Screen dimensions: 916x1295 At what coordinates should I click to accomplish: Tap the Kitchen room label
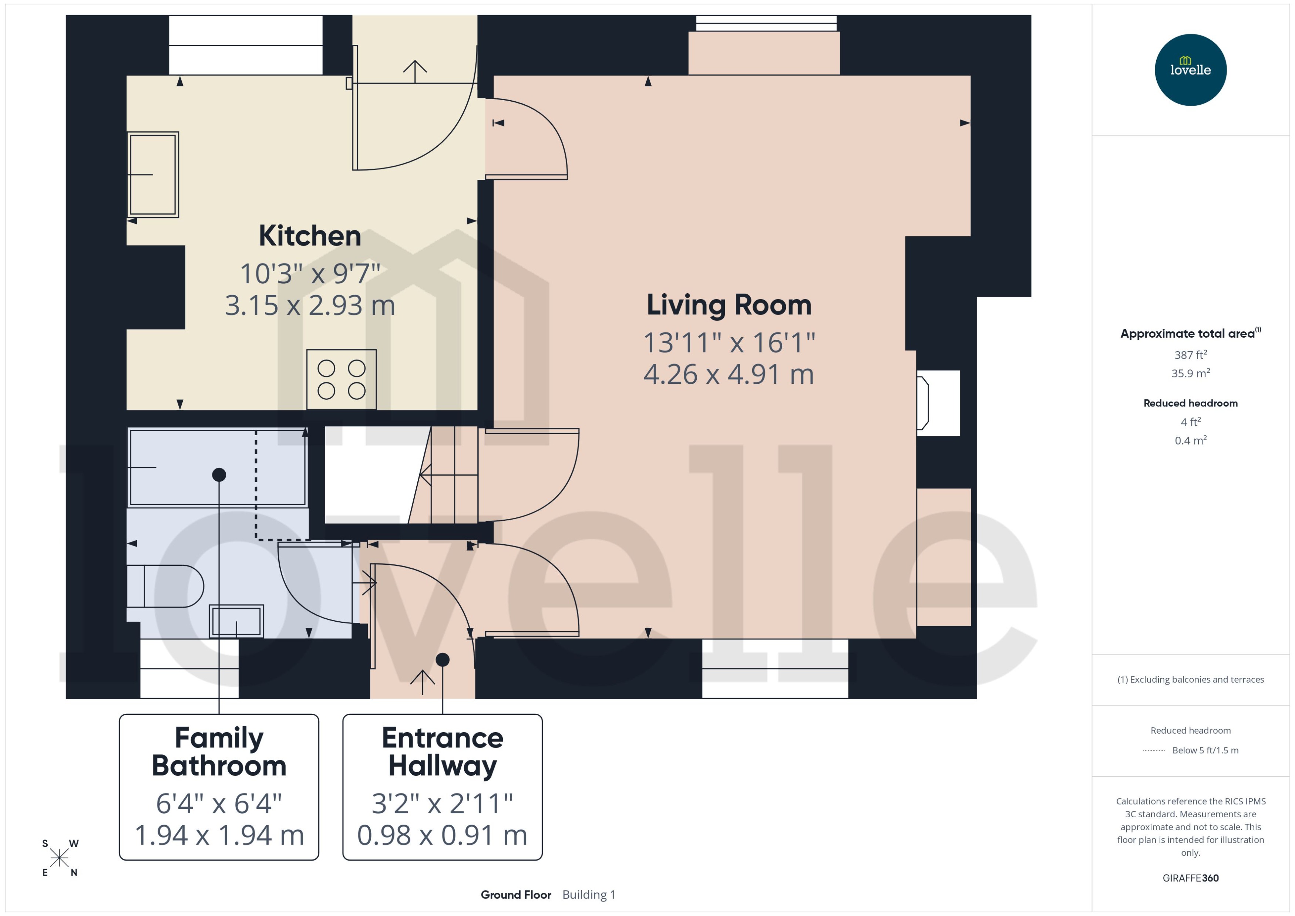click(309, 236)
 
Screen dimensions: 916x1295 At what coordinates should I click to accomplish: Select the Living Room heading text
click(729, 305)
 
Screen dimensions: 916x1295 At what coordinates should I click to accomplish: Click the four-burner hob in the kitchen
click(342, 379)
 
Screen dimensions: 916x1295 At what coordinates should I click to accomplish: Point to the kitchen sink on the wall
click(153, 174)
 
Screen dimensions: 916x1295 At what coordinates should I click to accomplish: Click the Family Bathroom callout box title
click(219, 751)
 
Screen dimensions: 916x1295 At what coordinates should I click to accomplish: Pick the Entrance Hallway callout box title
click(443, 751)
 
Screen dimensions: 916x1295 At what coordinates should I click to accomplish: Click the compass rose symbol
click(59, 858)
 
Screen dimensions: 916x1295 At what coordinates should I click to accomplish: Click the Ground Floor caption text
click(516, 895)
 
